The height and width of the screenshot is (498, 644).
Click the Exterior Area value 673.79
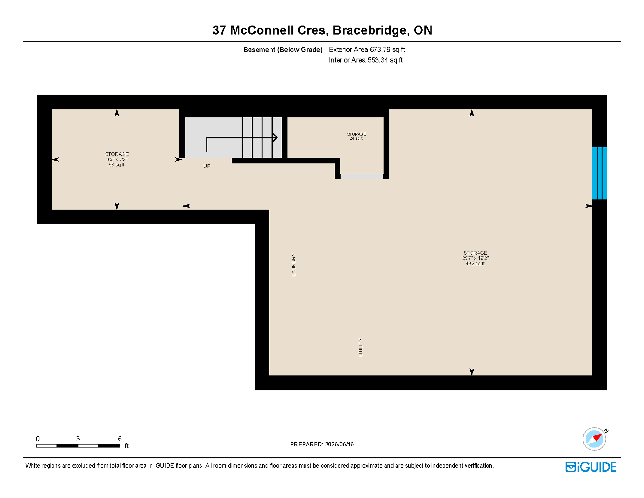tap(380, 49)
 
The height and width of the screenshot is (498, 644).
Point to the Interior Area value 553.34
tap(378, 60)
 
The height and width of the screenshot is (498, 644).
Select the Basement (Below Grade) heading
tap(283, 50)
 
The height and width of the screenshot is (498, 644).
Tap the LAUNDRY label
tap(293, 265)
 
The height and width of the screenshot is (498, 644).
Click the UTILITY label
tap(361, 347)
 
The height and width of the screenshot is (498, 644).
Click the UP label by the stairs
tap(207, 166)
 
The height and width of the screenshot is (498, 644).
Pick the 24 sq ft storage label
tap(356, 138)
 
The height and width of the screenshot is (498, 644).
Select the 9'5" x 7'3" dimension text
tap(117, 160)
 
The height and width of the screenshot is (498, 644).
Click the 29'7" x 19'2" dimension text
tap(475, 258)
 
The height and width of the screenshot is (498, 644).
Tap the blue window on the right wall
tap(599, 173)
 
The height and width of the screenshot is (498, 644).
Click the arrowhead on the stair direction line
tap(275, 137)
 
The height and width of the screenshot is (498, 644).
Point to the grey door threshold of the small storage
tap(362, 177)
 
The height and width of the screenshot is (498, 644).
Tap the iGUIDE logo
tap(591, 467)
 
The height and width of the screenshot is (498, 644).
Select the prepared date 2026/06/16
tap(339, 444)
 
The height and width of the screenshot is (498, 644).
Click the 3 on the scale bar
tap(78, 439)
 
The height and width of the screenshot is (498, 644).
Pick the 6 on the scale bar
tap(120, 439)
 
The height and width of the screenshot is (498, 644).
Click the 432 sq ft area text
tap(475, 264)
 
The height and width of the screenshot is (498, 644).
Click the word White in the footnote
tap(32, 466)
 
